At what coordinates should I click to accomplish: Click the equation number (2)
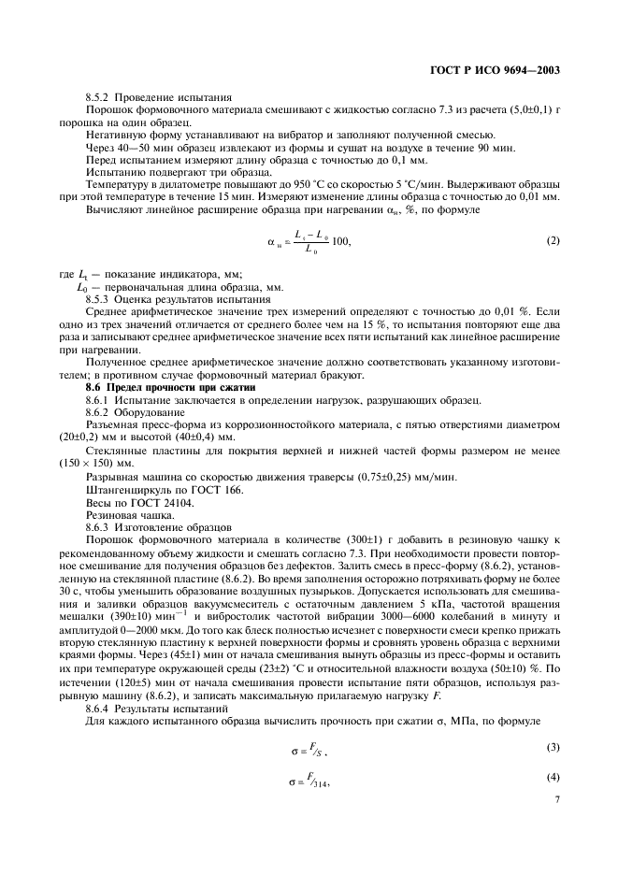(553, 242)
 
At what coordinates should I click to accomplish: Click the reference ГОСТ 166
(199, 490)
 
